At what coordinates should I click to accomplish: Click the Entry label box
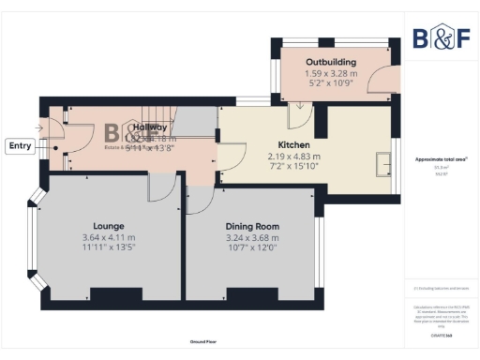point(19,145)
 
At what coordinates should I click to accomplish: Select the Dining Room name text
point(252,226)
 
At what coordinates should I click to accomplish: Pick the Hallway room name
point(149,127)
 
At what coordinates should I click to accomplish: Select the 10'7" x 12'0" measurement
point(252,248)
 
